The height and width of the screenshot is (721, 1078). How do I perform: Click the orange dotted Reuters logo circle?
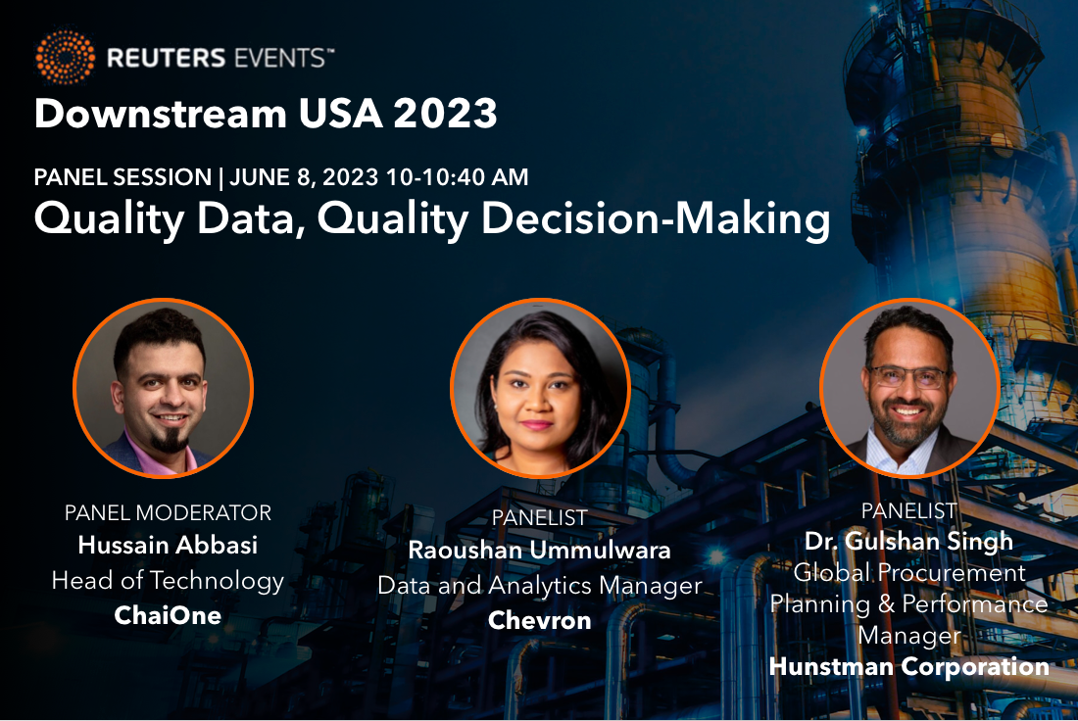[x=66, y=57]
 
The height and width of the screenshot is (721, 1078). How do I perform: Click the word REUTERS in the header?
[x=167, y=58]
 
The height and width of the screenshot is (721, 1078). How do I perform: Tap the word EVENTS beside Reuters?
[x=279, y=58]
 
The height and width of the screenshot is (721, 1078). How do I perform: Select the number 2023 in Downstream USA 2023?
[x=445, y=114]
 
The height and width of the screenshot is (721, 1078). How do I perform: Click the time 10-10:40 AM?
[x=458, y=177]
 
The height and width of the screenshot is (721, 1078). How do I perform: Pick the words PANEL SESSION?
[x=123, y=177]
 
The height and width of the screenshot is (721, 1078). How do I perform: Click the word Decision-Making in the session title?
[x=656, y=219]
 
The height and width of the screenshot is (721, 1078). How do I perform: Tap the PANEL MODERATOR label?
[x=168, y=512]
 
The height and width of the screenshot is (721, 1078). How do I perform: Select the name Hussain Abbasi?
[x=168, y=545]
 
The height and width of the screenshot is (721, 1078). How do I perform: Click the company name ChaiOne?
[x=168, y=615]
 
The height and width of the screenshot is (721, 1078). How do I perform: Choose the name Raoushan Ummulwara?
[x=539, y=550]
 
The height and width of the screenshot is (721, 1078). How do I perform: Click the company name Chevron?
[x=539, y=621]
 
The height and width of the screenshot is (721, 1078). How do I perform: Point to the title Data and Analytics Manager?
[x=540, y=586]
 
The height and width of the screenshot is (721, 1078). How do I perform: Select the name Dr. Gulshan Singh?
[x=908, y=541]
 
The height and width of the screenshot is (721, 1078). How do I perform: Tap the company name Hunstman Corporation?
[x=908, y=666]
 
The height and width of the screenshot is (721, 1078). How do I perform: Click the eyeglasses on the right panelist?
[x=908, y=377]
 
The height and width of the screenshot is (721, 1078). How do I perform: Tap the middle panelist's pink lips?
[x=536, y=425]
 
